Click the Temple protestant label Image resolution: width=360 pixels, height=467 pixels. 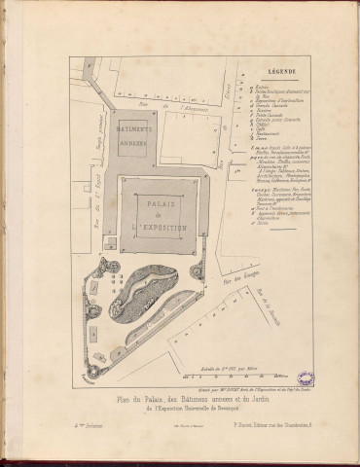(99, 124)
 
